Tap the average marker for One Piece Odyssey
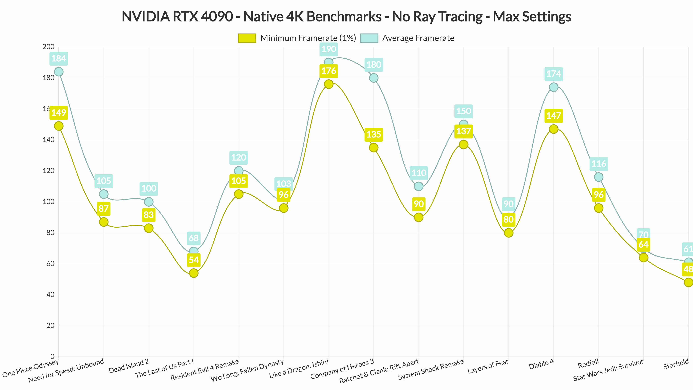59,72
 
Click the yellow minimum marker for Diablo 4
553,129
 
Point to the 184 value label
59,58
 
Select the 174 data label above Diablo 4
553,74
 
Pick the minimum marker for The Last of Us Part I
194,273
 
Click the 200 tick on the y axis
49,47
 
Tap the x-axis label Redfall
588,364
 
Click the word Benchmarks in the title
344,17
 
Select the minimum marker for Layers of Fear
508,233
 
